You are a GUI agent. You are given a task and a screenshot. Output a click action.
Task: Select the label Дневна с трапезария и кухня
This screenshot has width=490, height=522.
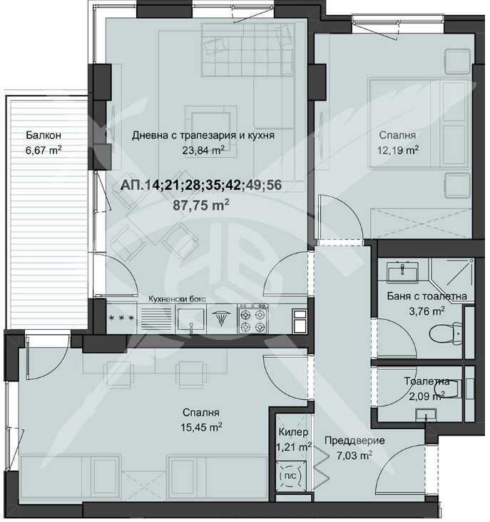(203, 135)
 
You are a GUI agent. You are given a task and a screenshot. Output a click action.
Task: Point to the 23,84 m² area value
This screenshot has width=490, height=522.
(203, 150)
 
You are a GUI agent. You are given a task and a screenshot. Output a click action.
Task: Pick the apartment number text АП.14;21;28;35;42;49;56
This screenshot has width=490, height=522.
(201, 186)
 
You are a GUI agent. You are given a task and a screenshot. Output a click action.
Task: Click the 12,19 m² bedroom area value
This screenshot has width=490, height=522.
(397, 150)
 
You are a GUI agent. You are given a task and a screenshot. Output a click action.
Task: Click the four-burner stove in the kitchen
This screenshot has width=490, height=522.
(254, 318)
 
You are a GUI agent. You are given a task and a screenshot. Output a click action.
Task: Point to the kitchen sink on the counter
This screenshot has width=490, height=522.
(191, 318)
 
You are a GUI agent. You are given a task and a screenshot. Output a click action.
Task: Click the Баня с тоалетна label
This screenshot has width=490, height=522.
(429, 296)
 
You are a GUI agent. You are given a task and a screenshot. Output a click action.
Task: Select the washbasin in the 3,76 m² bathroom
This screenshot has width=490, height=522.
(404, 271)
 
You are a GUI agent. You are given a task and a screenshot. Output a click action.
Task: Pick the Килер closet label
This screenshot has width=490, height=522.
(293, 433)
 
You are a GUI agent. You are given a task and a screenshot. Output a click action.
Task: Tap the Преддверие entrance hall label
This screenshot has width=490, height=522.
(354, 441)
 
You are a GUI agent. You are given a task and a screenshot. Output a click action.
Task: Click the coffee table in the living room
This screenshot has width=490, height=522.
(210, 120)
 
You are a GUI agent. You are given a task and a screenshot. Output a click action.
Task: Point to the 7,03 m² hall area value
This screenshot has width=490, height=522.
(354, 456)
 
